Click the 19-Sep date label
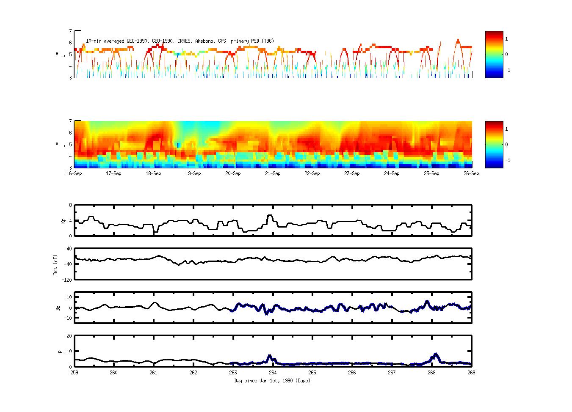point(193,173)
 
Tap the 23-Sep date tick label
point(351,173)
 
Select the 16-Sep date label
point(74,173)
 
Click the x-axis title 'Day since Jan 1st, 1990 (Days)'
point(272,381)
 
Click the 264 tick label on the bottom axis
point(273,373)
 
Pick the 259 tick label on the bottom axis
point(74,373)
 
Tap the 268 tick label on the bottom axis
point(431,373)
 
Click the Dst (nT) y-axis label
point(55,264)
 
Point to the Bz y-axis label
point(58,308)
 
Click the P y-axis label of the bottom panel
point(60,352)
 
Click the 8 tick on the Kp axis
point(70,205)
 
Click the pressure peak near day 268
point(435,354)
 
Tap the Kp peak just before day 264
point(270,215)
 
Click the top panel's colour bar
point(494,54)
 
